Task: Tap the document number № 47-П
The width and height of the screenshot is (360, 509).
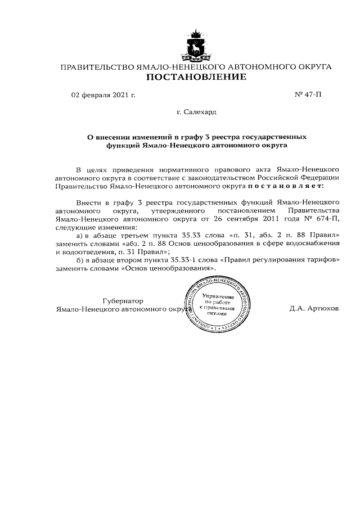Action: click(308, 94)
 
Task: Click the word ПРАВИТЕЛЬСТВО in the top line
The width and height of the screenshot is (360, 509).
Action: click(97, 67)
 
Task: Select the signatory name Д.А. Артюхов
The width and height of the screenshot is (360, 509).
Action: click(314, 309)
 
